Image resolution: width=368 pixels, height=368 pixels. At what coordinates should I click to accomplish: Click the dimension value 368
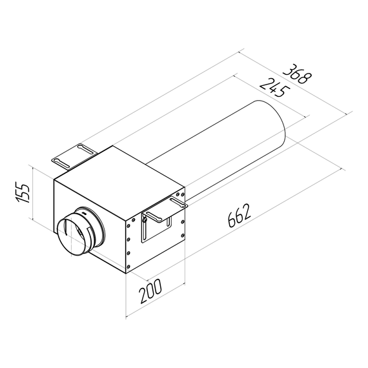298,75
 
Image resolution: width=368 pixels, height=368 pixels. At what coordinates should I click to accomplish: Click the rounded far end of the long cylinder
274,128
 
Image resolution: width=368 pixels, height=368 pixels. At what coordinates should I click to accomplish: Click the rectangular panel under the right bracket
155,229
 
